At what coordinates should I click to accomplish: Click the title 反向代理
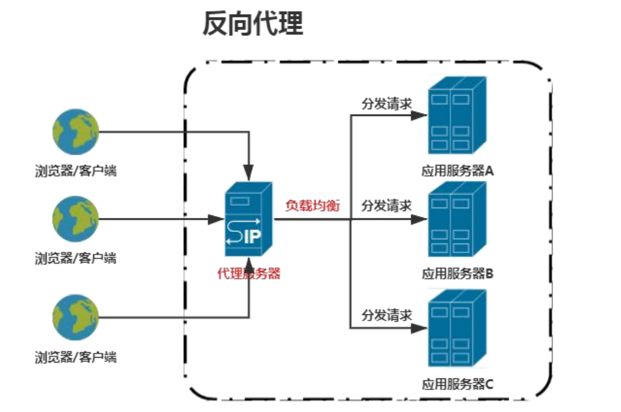(253, 25)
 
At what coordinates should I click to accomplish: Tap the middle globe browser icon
(75, 219)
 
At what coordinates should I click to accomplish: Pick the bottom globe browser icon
(75, 317)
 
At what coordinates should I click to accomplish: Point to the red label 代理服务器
(249, 274)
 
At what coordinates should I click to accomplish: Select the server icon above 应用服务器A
(457, 116)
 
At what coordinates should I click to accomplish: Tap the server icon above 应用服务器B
(457, 221)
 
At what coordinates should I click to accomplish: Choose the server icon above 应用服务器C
(457, 330)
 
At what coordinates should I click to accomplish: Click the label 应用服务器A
(457, 171)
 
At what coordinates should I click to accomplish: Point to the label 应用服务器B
(457, 273)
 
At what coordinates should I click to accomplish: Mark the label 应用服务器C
(457, 384)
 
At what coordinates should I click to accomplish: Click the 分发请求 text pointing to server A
(387, 103)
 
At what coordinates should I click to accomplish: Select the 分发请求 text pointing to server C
(387, 316)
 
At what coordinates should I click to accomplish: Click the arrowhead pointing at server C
(418, 328)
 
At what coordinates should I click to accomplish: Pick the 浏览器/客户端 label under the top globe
(75, 171)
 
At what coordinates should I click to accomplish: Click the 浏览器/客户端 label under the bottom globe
(75, 357)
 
